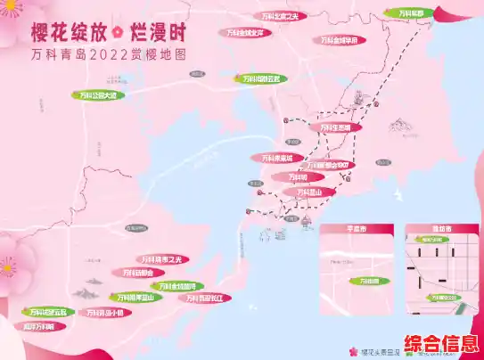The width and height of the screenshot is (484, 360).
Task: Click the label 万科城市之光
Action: click(x=160, y=259)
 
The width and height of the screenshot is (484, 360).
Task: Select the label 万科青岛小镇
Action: click(x=103, y=313)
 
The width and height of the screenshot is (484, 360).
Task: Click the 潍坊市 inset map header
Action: click(x=429, y=229)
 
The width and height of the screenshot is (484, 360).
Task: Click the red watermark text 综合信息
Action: click(x=441, y=344)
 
